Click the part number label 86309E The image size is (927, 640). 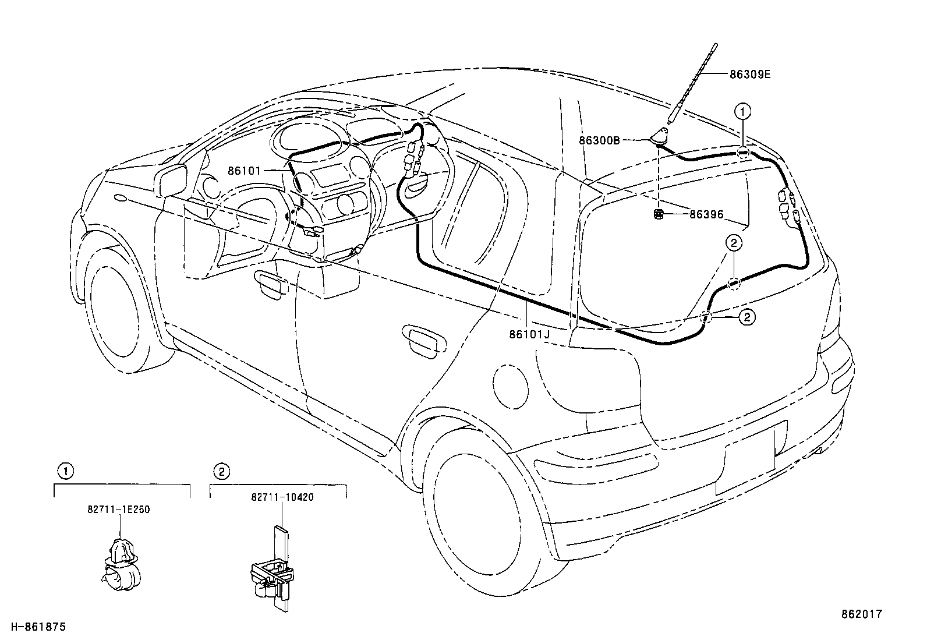(x=750, y=75)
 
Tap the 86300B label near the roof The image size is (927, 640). (x=599, y=141)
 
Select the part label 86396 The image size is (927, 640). (x=706, y=214)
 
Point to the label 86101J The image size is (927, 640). (x=530, y=334)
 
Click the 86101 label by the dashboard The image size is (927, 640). (x=244, y=171)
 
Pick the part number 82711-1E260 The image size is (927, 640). (x=119, y=509)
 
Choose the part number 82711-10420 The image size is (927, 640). (x=282, y=497)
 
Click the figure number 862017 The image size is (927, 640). (x=862, y=614)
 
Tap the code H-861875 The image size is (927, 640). (x=38, y=627)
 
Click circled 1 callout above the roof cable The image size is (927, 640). (x=742, y=111)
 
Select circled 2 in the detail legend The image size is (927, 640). (x=222, y=472)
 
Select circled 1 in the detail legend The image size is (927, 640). (x=65, y=471)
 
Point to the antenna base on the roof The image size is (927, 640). (x=659, y=137)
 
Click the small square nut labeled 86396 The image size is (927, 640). (x=658, y=214)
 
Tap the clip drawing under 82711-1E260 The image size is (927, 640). (x=121, y=564)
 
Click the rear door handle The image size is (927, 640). (x=424, y=341)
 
